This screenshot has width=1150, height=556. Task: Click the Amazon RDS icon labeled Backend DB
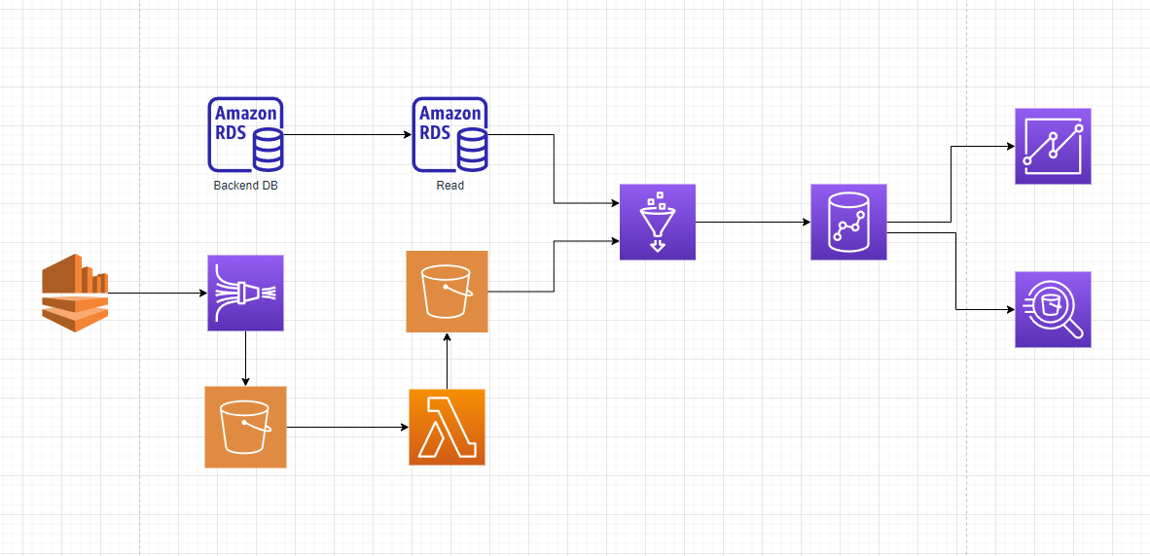click(245, 134)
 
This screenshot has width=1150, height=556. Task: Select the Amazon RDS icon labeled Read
click(449, 134)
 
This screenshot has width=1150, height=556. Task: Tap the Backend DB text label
click(245, 186)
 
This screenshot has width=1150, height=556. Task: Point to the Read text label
click(449, 186)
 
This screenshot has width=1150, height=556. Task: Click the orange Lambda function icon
click(447, 427)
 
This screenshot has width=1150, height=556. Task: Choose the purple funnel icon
click(658, 222)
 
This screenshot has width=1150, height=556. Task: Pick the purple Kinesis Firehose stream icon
click(245, 294)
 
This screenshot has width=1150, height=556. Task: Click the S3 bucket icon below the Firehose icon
click(245, 427)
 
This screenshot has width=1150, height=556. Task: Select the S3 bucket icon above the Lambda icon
click(447, 292)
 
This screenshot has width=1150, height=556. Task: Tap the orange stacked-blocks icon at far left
click(75, 292)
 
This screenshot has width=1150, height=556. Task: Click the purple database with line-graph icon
click(848, 222)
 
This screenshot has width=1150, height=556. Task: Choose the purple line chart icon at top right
click(1053, 146)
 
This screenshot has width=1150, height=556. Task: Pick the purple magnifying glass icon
click(1053, 309)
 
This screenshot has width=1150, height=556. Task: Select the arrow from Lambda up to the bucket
click(447, 361)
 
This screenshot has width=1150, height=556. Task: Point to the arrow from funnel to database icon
click(753, 223)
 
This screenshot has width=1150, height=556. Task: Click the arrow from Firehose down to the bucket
click(245, 359)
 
